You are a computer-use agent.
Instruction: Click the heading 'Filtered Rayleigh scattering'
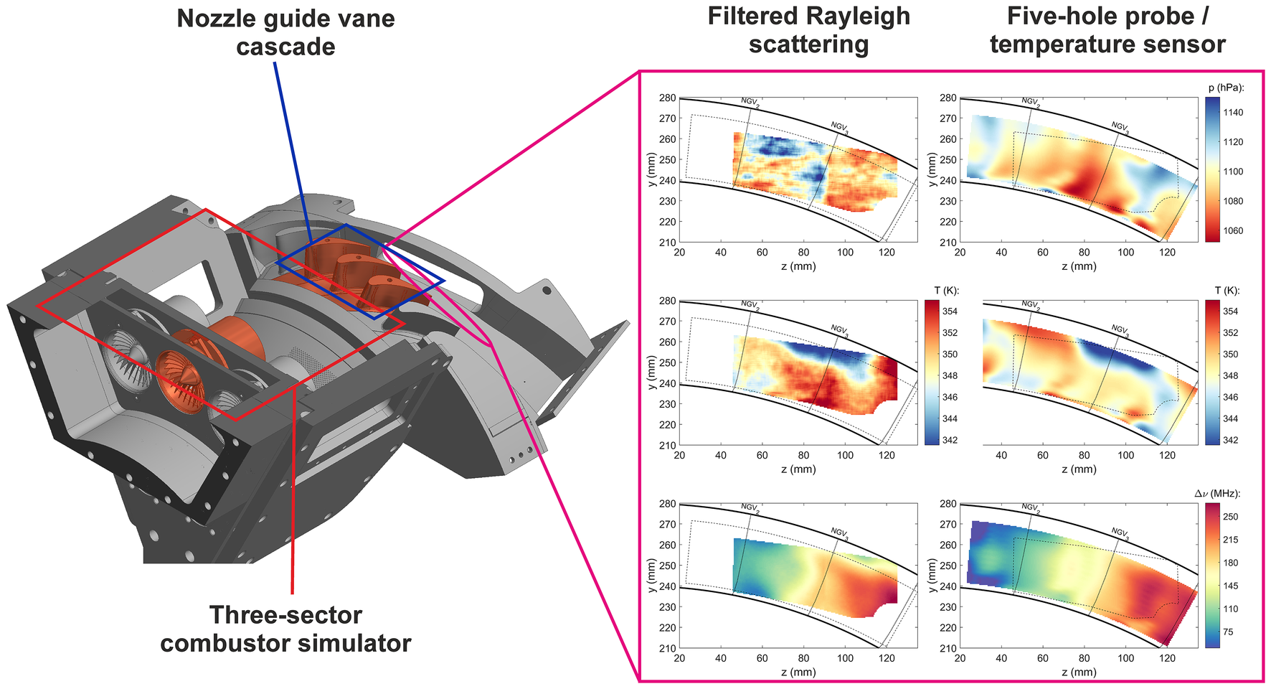click(x=808, y=30)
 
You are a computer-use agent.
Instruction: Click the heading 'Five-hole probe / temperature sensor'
click(x=1107, y=30)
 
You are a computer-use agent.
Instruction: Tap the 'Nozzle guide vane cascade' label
click(x=285, y=32)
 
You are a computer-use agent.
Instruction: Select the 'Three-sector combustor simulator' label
click(x=285, y=629)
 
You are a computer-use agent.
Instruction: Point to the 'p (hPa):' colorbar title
click(x=1226, y=88)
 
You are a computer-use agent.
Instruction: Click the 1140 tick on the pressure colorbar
click(x=1233, y=113)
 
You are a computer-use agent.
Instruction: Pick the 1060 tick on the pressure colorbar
click(x=1233, y=231)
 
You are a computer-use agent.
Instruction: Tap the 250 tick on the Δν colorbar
click(x=1230, y=517)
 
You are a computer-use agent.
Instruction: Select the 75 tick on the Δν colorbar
click(x=1228, y=632)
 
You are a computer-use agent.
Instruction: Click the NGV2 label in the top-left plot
click(x=750, y=102)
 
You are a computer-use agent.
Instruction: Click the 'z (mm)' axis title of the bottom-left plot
click(x=798, y=672)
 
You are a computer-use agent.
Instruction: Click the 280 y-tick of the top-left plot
click(x=667, y=98)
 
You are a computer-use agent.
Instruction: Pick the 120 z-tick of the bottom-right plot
click(x=1168, y=658)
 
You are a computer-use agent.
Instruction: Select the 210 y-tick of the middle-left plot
click(x=667, y=446)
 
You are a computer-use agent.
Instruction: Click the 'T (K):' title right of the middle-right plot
click(x=1227, y=291)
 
